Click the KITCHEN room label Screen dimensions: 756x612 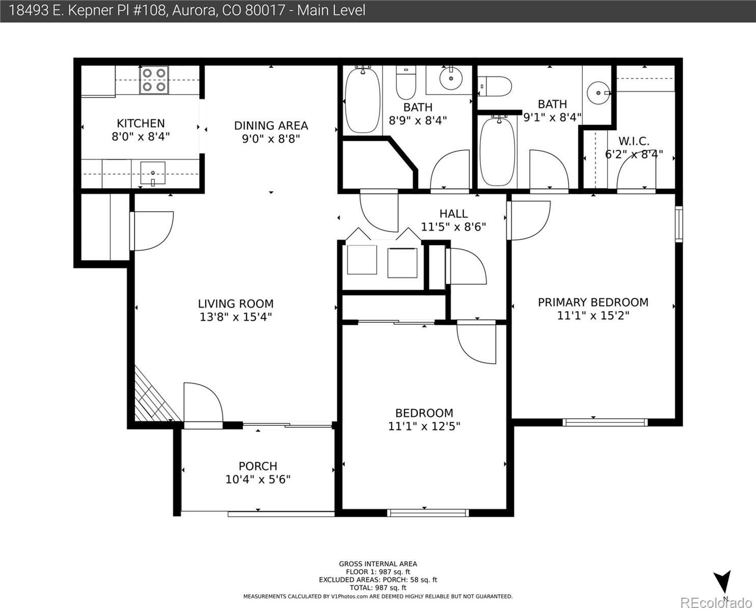coord(141,123)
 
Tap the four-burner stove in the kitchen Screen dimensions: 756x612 coord(154,80)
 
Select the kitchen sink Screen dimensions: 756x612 coord(153,173)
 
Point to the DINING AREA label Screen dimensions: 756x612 coord(271,125)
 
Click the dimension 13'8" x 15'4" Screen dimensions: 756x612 coord(236,317)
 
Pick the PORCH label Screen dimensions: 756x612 coord(258,466)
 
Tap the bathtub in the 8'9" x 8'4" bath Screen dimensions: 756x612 coord(363,100)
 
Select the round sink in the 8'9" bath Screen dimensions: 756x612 coord(451,78)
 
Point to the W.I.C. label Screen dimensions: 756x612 coord(634,141)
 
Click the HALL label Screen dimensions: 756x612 coord(453,214)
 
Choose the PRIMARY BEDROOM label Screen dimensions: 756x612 coord(593,302)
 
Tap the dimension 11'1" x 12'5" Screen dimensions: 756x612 coord(424,426)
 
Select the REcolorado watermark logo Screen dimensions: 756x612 coord(716,602)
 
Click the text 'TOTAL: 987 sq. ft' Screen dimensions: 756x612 coord(378,588)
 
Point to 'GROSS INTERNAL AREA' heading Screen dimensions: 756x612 coord(378,564)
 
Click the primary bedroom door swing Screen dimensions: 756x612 coord(529,220)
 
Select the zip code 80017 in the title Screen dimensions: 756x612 coord(265,10)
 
